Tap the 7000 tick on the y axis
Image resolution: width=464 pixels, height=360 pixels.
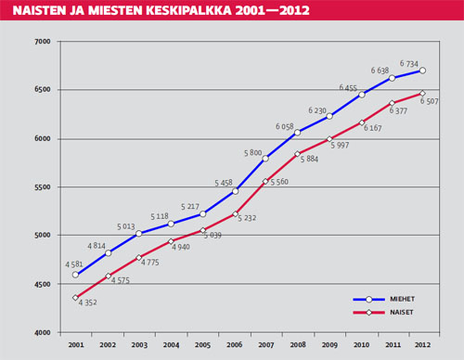(x=43, y=42)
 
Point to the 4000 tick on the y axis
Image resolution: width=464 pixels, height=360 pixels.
(x=43, y=331)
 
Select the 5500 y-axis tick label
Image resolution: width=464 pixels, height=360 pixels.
(x=43, y=186)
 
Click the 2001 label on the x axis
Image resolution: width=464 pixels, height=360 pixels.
(x=75, y=344)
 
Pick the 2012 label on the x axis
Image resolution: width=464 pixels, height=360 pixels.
(x=423, y=344)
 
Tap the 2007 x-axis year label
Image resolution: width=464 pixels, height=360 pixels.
(x=265, y=344)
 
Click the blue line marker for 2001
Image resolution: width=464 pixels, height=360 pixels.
(x=76, y=275)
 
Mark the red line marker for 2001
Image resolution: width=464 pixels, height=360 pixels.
(x=76, y=298)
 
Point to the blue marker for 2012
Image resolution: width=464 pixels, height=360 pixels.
(x=423, y=71)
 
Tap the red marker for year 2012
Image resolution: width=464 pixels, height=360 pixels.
(x=423, y=93)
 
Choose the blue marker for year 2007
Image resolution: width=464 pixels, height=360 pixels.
(x=266, y=159)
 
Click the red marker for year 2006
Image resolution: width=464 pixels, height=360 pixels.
(x=235, y=214)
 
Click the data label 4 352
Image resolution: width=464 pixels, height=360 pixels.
(x=87, y=303)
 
